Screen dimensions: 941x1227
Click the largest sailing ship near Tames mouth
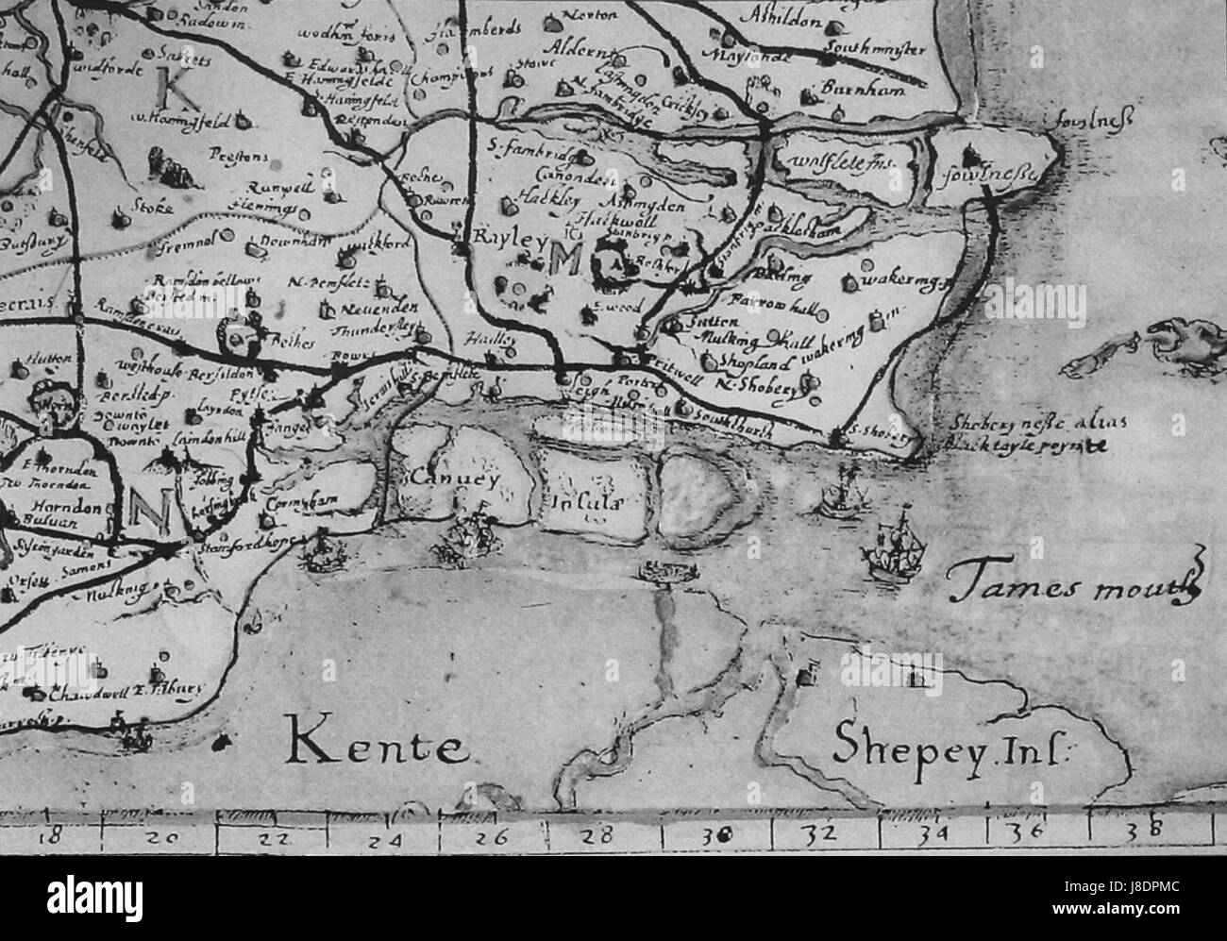(892, 547)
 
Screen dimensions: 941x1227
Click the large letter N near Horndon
(147, 511)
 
